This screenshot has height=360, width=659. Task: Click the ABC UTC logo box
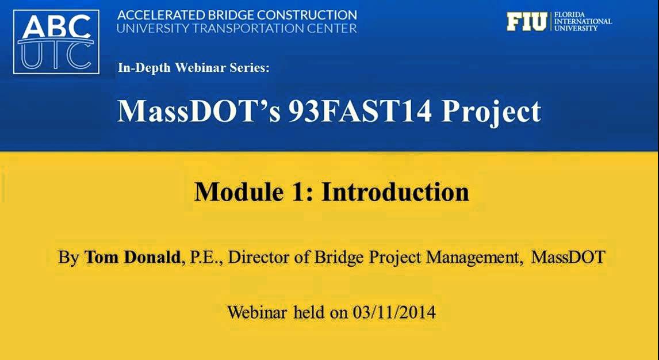coord(56,42)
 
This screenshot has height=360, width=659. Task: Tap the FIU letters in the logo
coord(527,22)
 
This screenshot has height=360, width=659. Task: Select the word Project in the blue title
coord(491,113)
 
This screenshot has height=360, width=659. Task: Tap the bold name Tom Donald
coord(132,257)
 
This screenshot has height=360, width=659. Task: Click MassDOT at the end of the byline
coord(568,257)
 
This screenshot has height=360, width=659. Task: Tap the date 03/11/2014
coord(394,312)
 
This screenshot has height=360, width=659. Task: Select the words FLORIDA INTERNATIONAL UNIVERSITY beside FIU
coord(583,22)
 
